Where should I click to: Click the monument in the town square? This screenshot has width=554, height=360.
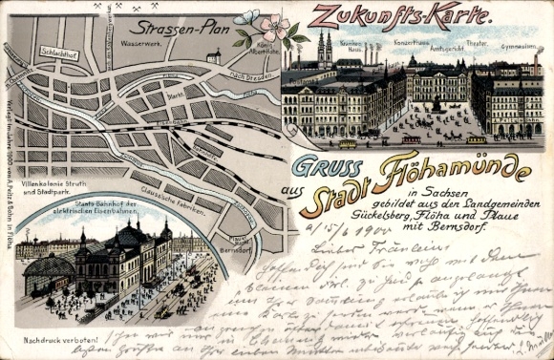pos(438,102)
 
